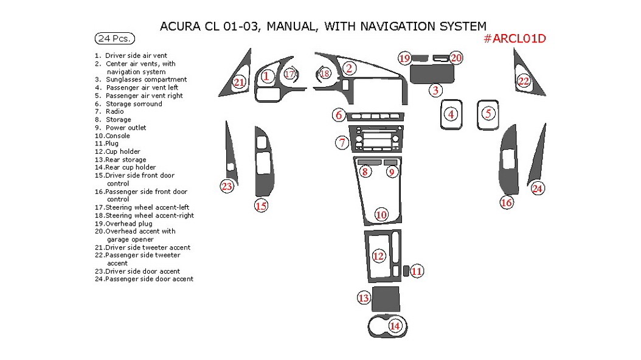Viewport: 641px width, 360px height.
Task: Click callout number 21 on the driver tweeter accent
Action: (x=239, y=82)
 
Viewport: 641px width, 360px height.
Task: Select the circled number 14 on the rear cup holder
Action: (x=395, y=326)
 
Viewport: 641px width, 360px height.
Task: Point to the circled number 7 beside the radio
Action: (x=342, y=143)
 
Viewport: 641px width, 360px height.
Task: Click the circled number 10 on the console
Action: (x=381, y=214)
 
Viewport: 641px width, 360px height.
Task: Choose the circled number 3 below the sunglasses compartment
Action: (x=435, y=91)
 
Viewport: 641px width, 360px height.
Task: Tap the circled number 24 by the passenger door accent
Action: (x=537, y=189)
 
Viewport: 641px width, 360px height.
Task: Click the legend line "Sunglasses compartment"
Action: (x=145, y=80)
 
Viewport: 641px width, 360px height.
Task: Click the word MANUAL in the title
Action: (x=291, y=26)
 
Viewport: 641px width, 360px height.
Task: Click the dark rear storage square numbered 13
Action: (x=385, y=298)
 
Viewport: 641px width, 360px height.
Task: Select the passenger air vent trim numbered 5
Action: (x=488, y=114)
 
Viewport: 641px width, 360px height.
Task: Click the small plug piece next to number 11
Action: (x=404, y=270)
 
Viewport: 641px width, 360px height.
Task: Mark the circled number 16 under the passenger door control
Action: (x=507, y=202)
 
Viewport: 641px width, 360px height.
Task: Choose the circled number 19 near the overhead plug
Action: (x=405, y=58)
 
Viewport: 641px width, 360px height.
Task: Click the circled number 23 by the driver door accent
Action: (x=227, y=186)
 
